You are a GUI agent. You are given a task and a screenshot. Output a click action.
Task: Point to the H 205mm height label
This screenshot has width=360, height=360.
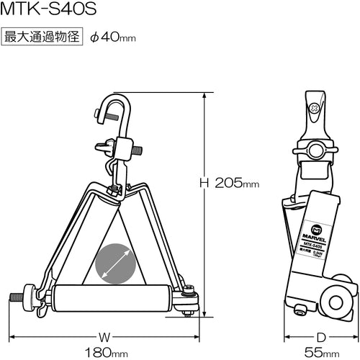[x=229, y=183]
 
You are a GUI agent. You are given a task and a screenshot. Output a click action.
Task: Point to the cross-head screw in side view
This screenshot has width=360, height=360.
[x=314, y=109]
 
